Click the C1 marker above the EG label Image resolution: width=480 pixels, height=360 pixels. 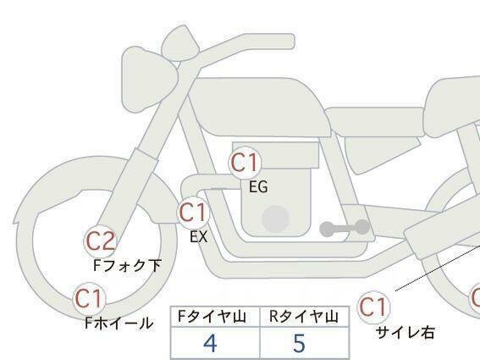coord(245,163)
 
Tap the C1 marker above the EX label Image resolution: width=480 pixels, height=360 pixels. coord(194,213)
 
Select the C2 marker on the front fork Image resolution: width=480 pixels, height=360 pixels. coord(101,241)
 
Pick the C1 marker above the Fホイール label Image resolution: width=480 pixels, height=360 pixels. coord(89,298)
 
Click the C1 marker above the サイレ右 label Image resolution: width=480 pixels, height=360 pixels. coord(374,307)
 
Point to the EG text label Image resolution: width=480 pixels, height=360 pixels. coord(258,187)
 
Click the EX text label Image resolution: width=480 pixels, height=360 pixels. coord(199,237)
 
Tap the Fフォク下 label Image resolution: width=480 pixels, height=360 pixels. coord(127,266)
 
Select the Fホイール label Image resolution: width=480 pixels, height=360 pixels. coord(119,323)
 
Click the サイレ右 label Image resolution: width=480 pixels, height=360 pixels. coord(405,332)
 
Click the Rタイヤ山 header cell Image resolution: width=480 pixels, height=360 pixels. coord(304,317)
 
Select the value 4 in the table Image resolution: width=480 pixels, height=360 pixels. coord(210,343)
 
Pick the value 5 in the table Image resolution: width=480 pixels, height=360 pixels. coord(299,343)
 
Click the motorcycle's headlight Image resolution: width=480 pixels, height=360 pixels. coord(149,80)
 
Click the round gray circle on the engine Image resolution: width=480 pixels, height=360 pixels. coord(276,219)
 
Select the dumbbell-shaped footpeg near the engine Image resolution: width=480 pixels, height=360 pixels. coord(345,228)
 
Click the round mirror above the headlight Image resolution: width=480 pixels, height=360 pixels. coord(179,44)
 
